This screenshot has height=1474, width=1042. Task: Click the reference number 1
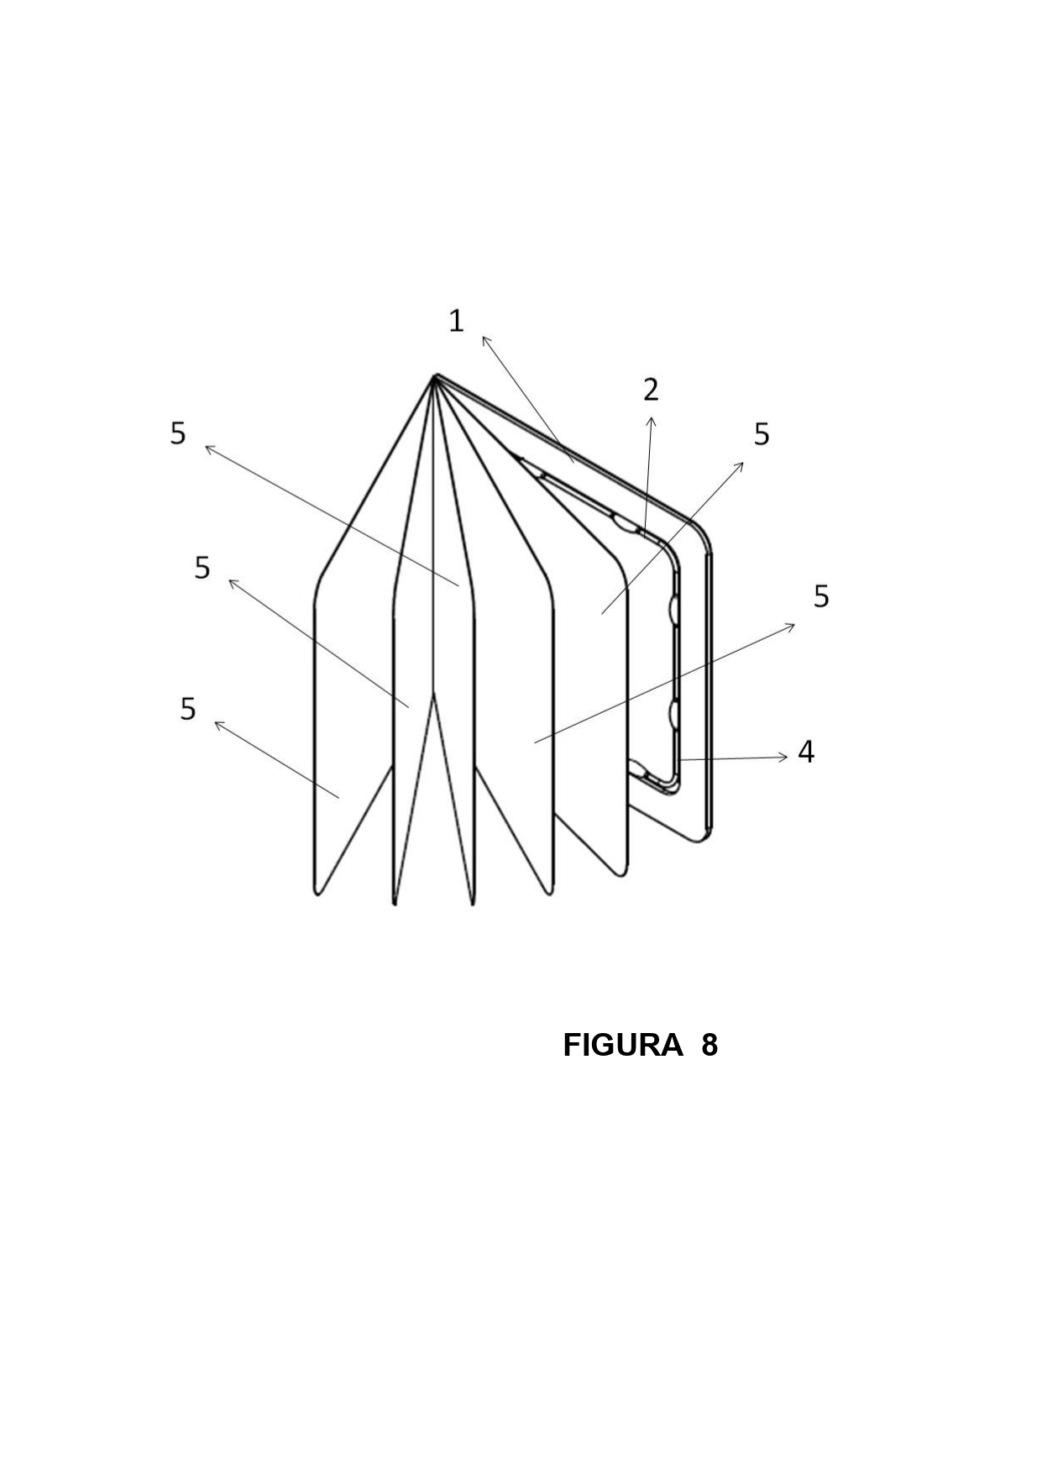(456, 321)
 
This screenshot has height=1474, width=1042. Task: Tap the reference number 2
(651, 390)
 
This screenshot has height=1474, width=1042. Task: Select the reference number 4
(806, 752)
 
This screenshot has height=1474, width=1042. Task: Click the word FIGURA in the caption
(622, 1046)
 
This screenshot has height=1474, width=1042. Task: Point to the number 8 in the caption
(710, 1046)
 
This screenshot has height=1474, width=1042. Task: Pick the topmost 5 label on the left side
(178, 433)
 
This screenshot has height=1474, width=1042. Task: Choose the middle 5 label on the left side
(202, 568)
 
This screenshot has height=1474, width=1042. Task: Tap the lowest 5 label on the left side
(188, 709)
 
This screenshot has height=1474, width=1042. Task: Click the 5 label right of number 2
(762, 434)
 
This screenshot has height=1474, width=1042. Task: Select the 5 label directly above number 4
(821, 596)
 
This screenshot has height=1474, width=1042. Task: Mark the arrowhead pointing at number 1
(485, 340)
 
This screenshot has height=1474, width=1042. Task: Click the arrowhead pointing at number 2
(651, 419)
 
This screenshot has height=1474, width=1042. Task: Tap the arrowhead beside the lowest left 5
(219, 724)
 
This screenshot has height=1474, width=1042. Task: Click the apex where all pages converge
(435, 377)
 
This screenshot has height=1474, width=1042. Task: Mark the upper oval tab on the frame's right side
(673, 609)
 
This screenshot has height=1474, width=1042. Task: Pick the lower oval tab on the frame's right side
(673, 713)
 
